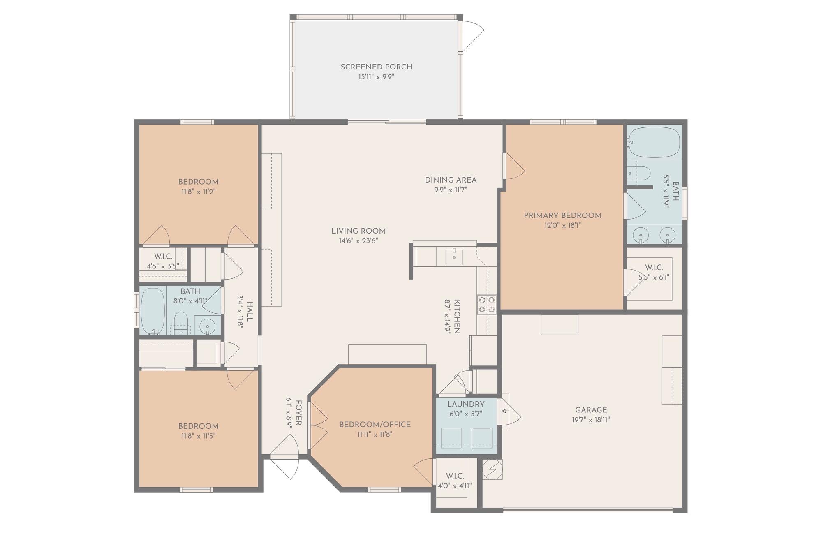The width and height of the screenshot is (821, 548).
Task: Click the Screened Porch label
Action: click(x=376, y=67)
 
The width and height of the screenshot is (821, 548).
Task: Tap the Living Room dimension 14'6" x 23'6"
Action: click(x=358, y=241)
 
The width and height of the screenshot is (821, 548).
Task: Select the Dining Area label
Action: click(x=451, y=180)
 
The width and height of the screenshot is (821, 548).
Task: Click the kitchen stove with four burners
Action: click(x=486, y=305)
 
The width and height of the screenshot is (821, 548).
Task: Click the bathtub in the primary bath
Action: click(x=654, y=142)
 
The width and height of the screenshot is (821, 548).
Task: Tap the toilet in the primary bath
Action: click(x=640, y=173)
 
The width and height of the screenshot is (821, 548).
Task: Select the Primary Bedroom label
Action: click(x=562, y=215)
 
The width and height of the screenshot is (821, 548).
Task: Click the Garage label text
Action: click(x=591, y=410)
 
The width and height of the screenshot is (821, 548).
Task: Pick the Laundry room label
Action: click(x=466, y=404)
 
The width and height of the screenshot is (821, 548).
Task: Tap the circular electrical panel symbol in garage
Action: click(x=492, y=469)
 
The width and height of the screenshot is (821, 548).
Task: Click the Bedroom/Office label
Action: click(x=375, y=424)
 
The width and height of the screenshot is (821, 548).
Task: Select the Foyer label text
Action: click(x=298, y=413)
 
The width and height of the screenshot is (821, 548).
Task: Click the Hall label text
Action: click(x=250, y=312)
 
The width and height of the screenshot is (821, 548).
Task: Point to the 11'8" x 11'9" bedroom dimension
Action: click(x=198, y=192)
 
